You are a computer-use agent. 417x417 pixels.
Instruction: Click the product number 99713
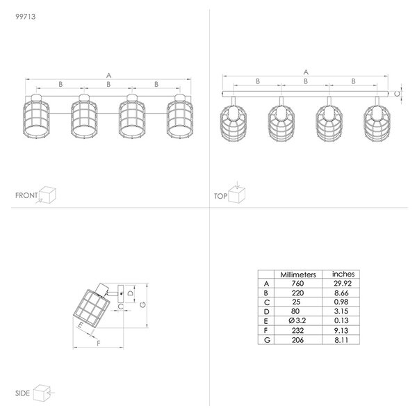pos(26,17)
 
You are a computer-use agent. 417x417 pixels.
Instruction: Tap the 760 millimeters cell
pos(297,284)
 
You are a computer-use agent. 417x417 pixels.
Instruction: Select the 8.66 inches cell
pos(341,293)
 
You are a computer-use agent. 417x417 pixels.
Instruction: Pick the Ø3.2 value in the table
pos(297,320)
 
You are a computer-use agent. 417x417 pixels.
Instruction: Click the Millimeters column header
pos(298,275)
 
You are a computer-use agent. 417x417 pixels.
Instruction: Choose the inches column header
pos(343,274)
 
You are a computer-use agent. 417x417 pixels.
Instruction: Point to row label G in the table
pos(267,340)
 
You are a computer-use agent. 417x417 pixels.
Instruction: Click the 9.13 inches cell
pos(341,331)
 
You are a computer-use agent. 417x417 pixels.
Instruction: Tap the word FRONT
pos(26,195)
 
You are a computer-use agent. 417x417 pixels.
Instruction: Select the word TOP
pos(221,196)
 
